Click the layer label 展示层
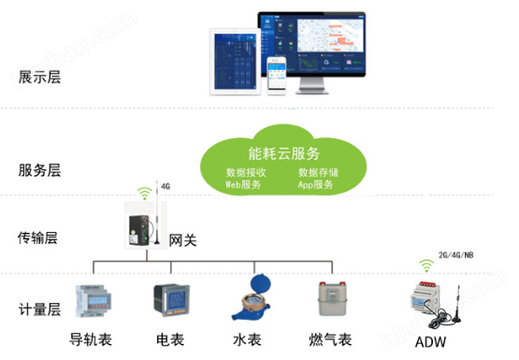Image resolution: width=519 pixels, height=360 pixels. tap(39, 78)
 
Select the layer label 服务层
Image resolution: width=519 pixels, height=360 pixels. tap(39, 170)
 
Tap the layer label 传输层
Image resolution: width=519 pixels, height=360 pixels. tap(39, 238)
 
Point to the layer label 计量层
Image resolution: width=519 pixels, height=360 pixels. tap(39, 310)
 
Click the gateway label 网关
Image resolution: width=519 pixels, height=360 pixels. tap(181, 241)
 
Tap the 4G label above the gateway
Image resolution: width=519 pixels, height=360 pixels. tap(166, 186)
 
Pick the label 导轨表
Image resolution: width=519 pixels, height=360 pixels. tap(90, 338)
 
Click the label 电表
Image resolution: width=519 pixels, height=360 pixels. tap(169, 338)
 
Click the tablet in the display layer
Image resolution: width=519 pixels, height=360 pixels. tap(233, 65)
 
